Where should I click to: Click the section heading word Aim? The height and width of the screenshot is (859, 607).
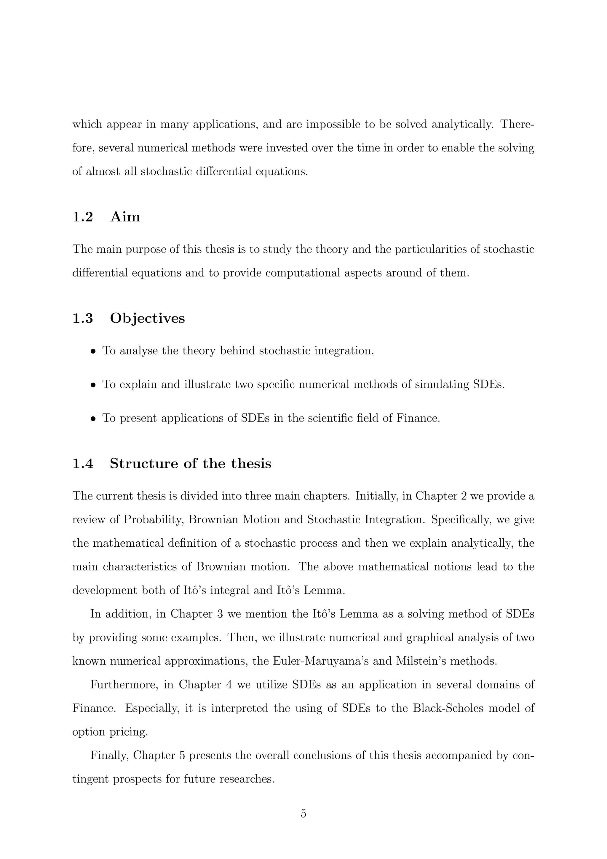pyautogui.click(x=125, y=217)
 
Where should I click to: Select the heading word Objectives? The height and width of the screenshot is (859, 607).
pyautogui.click(x=147, y=318)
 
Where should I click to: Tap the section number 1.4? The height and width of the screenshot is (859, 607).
pyautogui.click(x=83, y=464)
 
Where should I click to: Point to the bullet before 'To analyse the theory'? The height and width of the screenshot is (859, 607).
pyautogui.click(x=93, y=352)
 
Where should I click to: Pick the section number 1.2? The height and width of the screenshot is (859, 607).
pyautogui.click(x=83, y=217)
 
